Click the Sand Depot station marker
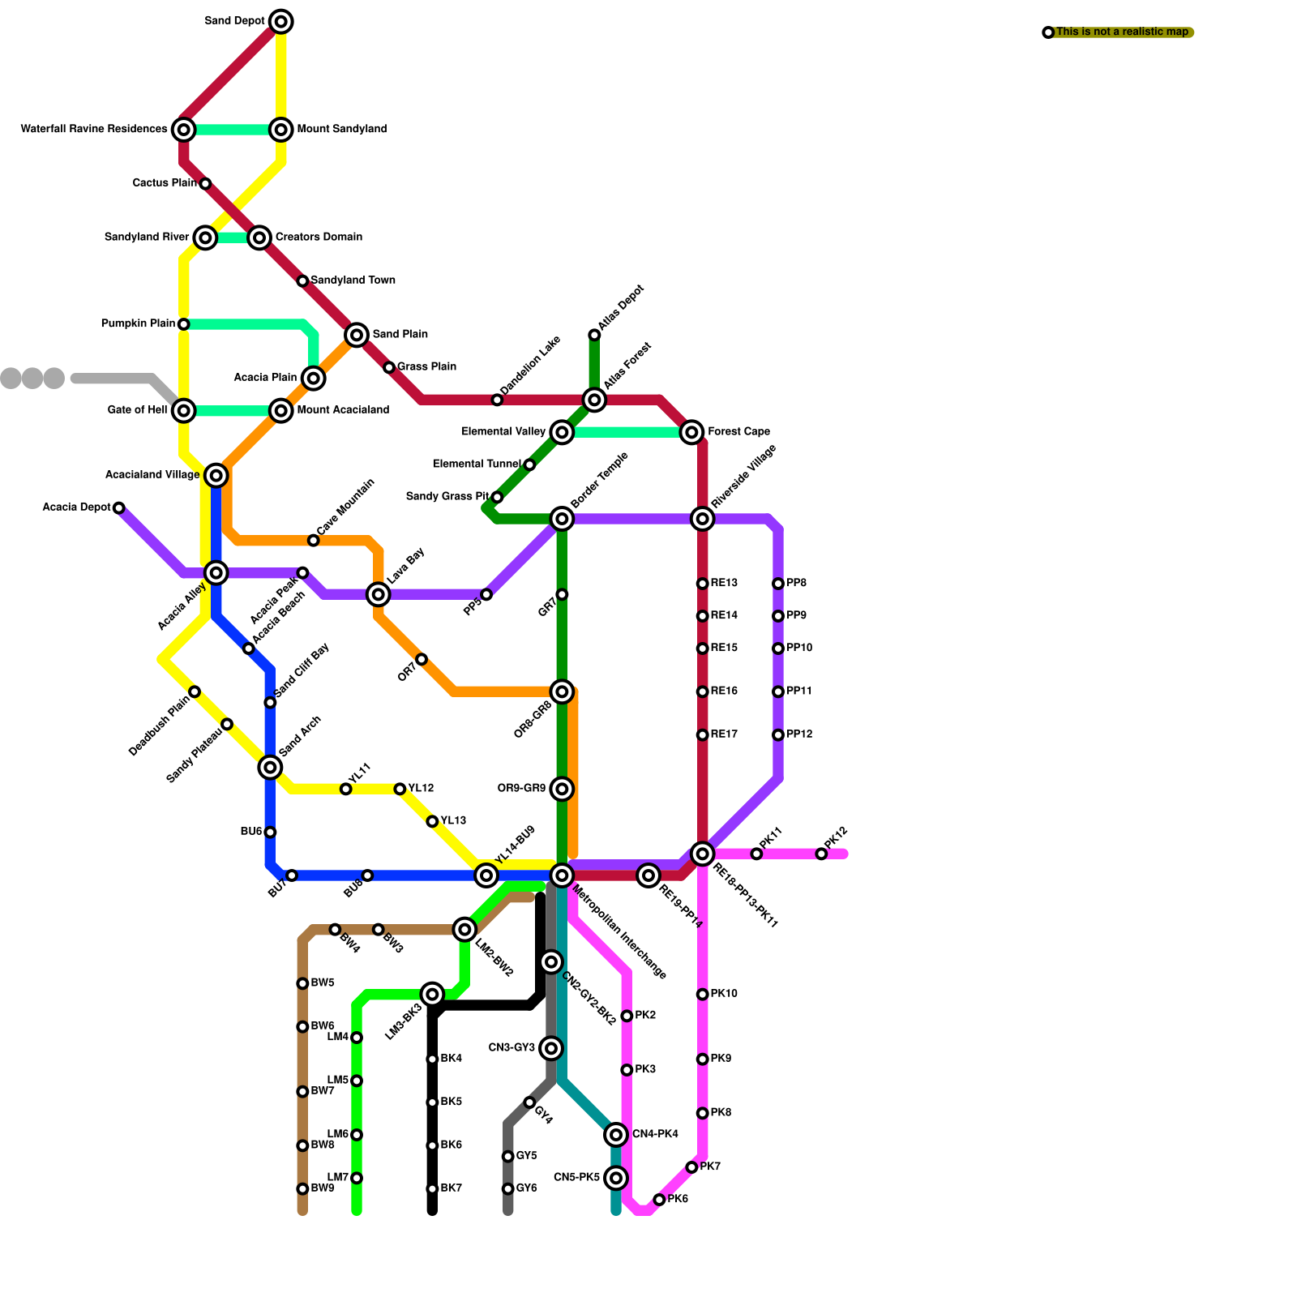point(280,22)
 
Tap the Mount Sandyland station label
point(341,130)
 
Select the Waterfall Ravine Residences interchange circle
point(184,130)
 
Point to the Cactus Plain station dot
point(205,184)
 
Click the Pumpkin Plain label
point(138,324)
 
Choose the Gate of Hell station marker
point(184,411)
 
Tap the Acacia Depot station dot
point(119,508)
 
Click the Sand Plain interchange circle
point(357,335)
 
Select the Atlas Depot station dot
point(594,335)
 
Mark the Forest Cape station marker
point(691,432)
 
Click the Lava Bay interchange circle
point(378,594)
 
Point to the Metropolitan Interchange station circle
point(562,875)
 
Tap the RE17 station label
point(724,735)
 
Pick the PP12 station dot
point(778,735)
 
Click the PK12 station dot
point(821,854)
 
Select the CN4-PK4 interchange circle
point(616,1135)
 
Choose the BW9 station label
point(323,1189)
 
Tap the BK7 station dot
point(432,1189)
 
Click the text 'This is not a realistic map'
point(1122,32)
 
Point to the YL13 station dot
point(432,821)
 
